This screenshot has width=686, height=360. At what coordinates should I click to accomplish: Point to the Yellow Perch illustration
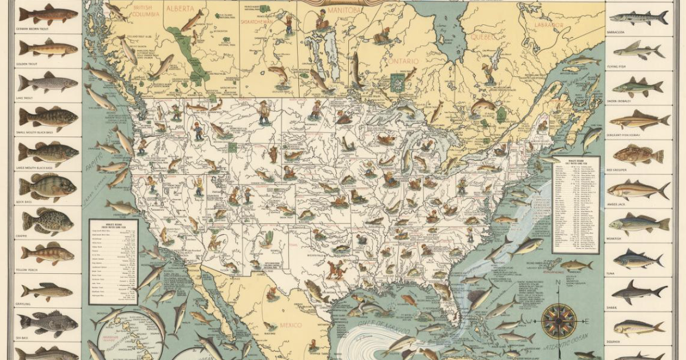coord(48,253)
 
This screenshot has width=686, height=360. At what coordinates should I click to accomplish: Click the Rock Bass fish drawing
coord(48,187)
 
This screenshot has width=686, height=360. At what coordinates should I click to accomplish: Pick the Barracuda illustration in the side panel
coord(639,18)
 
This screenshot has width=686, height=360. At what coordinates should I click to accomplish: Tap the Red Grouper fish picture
coord(639,154)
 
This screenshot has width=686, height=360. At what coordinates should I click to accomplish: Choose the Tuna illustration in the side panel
coord(639,259)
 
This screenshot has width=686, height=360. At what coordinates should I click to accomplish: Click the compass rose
coord(559,321)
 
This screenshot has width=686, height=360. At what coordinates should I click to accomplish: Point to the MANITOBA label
coord(360,10)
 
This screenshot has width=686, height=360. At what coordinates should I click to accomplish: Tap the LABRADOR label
coord(549,26)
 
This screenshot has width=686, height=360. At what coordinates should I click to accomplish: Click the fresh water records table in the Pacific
coord(113,261)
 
